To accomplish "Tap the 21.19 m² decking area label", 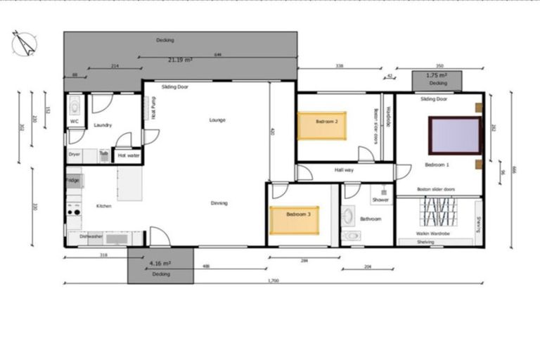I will pos(180,60).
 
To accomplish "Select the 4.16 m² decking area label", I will pos(160,263).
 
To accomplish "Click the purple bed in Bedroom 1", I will pos(455,135).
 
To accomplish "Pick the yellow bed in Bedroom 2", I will pos(322,125).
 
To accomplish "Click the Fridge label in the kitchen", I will pos(73,181).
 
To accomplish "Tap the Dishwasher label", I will pos(91,237).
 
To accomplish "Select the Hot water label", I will pos(128,155).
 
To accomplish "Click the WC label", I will pos(74,121).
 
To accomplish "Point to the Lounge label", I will pos(217,120).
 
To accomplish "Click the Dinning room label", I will pos(219,203).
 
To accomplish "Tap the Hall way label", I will pos(344,170).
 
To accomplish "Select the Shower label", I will pos(380,200).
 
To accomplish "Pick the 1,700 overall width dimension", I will pos(274,281).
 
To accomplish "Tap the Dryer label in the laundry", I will pos(74,153).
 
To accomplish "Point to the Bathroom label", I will pos(371,219).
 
